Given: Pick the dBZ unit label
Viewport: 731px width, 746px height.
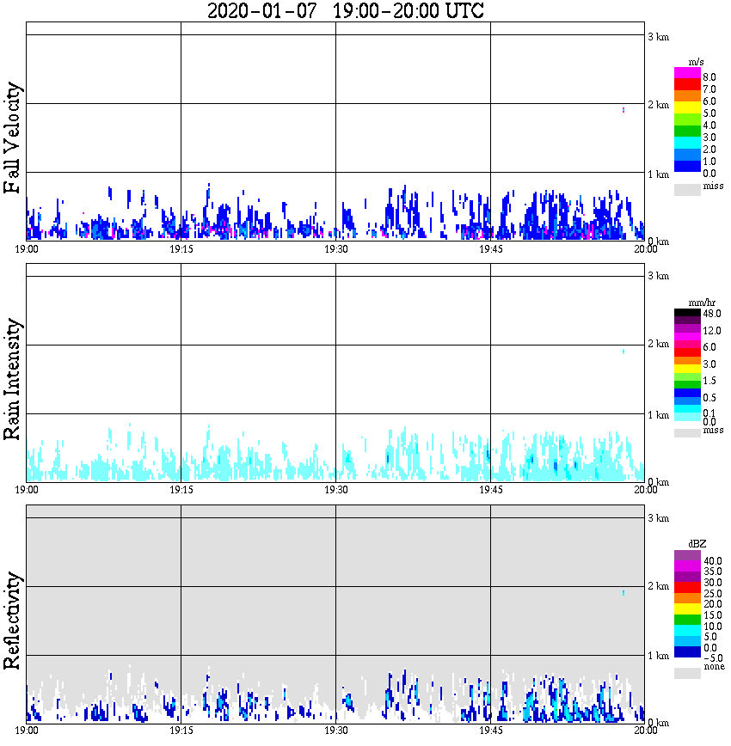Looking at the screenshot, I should tap(697, 544).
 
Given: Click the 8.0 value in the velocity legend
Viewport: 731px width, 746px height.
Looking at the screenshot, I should tap(709, 76).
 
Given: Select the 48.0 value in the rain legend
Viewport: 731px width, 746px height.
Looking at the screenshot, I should tap(711, 315).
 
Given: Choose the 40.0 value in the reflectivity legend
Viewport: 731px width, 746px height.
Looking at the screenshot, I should tap(711, 559).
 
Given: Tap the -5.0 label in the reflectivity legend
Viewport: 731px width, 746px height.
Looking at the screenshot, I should tap(710, 657).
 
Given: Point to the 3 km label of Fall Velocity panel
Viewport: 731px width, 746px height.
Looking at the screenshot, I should tap(658, 36).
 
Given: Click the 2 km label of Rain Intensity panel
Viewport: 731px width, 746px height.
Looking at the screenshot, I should tap(658, 345).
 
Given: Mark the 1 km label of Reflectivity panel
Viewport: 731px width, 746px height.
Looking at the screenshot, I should tap(658, 656).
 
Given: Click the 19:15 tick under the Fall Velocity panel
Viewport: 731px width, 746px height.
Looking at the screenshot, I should tap(181, 249).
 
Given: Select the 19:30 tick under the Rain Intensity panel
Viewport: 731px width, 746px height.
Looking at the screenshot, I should tap(335, 490).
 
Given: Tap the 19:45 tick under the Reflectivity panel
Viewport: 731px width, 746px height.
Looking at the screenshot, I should tap(490, 731).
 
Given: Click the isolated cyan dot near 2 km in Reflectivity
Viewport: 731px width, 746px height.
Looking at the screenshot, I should tap(623, 593).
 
